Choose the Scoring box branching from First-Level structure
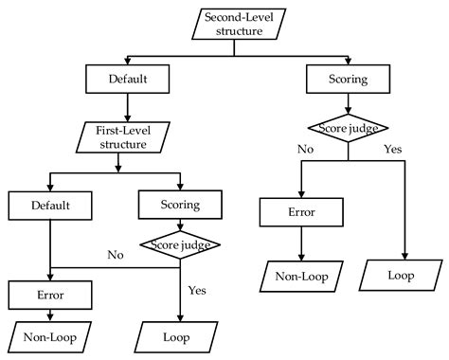coord(179,204)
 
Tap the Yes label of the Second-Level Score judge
coord(392,149)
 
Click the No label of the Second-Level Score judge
coord(306,149)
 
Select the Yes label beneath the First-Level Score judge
coord(196,291)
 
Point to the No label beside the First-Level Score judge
coord(115,255)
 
